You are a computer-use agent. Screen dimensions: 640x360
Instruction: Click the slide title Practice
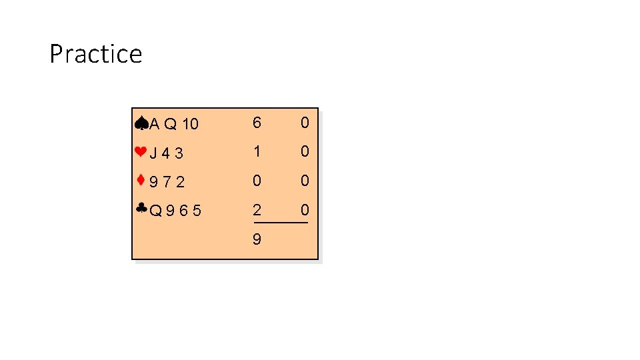[x=95, y=54]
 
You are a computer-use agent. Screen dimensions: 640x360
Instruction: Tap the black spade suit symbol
[x=141, y=122]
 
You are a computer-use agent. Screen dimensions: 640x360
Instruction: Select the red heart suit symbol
[x=140, y=151]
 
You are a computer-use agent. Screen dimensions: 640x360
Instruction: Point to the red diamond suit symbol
[x=141, y=179]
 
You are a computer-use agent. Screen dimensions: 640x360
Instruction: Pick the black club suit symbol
[x=141, y=209]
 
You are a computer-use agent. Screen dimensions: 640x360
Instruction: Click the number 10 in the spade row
[x=190, y=124]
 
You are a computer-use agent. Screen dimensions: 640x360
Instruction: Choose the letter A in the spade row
[x=155, y=124]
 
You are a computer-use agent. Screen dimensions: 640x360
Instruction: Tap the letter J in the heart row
[x=153, y=153]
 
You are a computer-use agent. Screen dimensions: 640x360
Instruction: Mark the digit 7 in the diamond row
[x=167, y=182]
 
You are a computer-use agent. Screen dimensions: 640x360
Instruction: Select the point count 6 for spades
[x=257, y=123]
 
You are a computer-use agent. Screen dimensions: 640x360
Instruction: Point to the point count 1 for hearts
[x=257, y=151]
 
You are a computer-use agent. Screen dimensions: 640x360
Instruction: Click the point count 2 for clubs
[x=257, y=210]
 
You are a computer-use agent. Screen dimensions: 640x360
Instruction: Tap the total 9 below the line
[x=257, y=239]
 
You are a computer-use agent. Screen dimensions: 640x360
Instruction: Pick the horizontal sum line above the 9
[x=280, y=223]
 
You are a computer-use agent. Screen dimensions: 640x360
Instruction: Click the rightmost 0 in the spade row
[x=305, y=123]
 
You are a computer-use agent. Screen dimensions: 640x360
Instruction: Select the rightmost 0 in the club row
[x=305, y=210]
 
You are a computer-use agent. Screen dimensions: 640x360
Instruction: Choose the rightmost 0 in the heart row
[x=305, y=151]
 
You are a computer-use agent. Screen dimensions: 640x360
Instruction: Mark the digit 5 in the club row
[x=197, y=211]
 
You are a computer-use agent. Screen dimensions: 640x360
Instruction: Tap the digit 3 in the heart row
[x=179, y=153]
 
